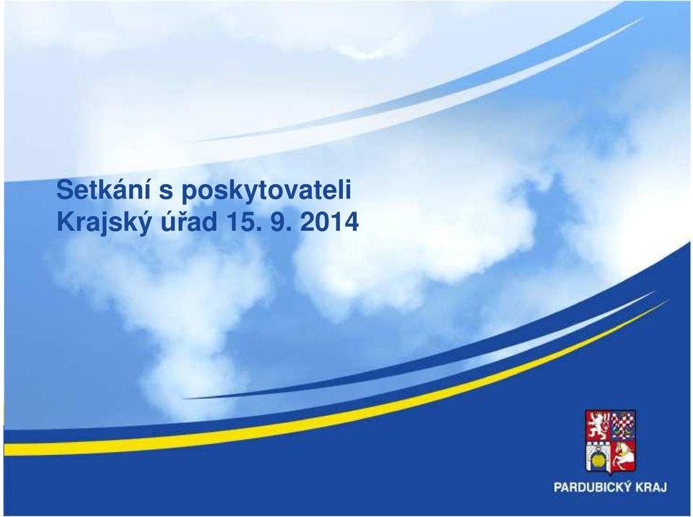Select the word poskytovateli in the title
(266, 191)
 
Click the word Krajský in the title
(103, 222)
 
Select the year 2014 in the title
(329, 222)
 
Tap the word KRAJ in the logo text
(651, 487)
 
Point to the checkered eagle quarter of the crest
(623, 425)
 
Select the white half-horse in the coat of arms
(623, 456)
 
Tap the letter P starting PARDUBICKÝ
(558, 487)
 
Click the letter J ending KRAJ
(664, 487)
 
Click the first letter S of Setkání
(64, 190)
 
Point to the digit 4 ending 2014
(352, 222)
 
